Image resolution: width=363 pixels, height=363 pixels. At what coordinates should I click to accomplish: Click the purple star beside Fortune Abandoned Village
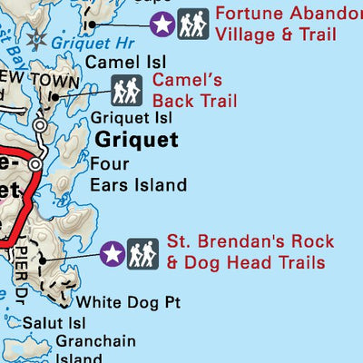[x=162, y=25]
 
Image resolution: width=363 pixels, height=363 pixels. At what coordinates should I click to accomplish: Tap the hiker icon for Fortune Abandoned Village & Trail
[x=192, y=25]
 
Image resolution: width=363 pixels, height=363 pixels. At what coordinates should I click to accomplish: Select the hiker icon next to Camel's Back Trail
[x=127, y=90]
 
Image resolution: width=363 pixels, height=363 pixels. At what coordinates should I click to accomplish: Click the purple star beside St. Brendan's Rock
[x=113, y=254]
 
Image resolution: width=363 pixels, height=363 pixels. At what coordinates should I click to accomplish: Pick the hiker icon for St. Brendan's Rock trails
[x=142, y=254]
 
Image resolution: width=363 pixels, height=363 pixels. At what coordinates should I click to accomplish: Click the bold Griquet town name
[x=137, y=140]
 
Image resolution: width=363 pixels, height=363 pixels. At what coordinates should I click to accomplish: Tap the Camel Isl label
[x=113, y=63]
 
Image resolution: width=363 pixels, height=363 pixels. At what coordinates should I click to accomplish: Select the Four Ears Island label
[x=138, y=175]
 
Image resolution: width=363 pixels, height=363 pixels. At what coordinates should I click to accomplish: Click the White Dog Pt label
[x=122, y=302]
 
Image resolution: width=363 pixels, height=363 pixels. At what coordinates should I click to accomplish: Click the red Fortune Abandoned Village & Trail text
[x=287, y=25]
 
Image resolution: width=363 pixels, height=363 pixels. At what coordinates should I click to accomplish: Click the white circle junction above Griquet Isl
[x=39, y=124]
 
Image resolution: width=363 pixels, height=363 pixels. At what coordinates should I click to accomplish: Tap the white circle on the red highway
[x=34, y=164]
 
